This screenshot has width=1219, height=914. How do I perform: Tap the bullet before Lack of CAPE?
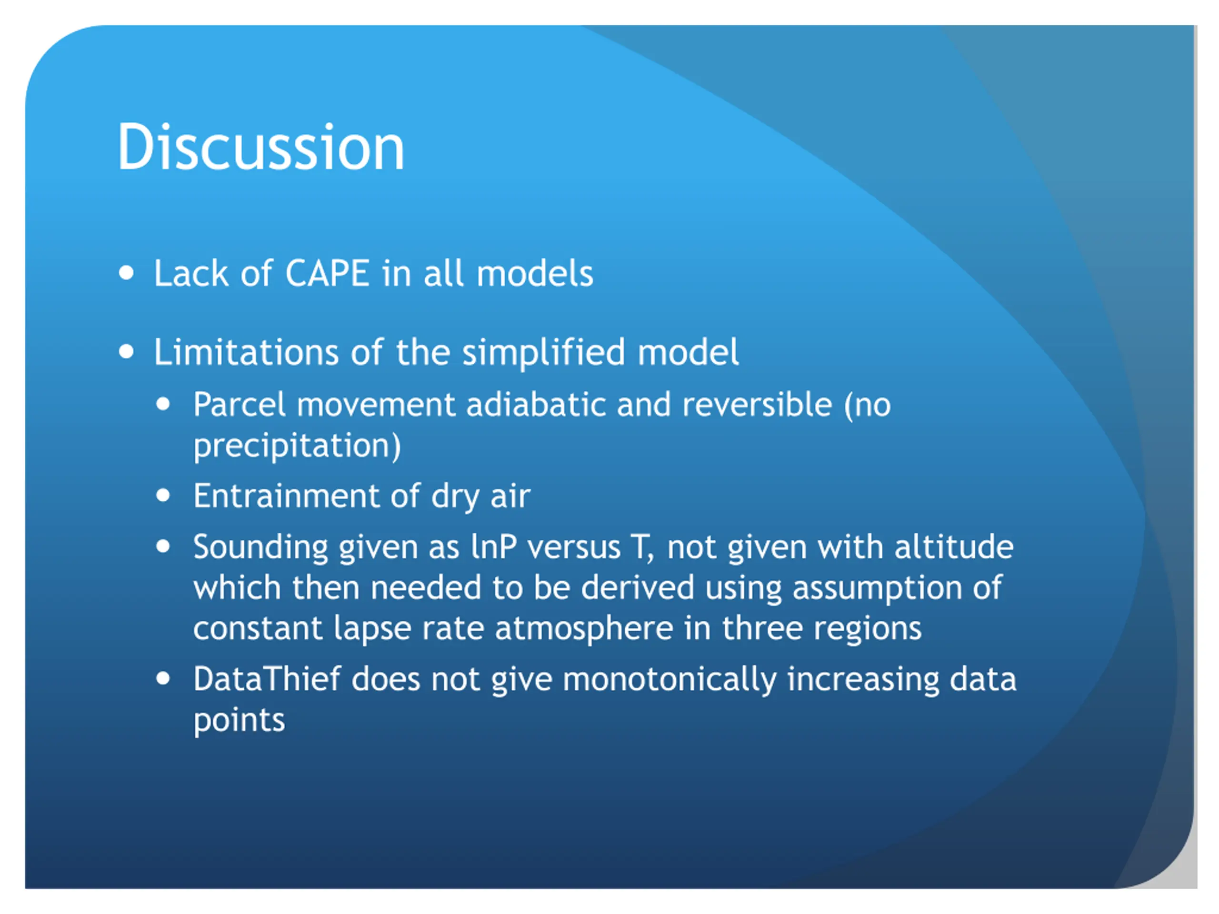coord(126,273)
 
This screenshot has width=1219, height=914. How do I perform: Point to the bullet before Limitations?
coord(126,351)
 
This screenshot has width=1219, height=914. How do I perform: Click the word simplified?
coord(543,353)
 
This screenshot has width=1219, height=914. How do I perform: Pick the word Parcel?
coord(239,405)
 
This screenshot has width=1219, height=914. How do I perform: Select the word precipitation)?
coord(297,446)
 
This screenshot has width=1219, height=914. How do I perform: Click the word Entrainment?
coord(285,496)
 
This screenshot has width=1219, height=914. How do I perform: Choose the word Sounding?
coord(260,547)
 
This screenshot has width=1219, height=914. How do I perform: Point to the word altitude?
coord(954,547)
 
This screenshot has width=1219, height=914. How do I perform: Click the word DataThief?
coord(267,679)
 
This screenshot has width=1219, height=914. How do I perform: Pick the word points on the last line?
coord(239,721)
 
